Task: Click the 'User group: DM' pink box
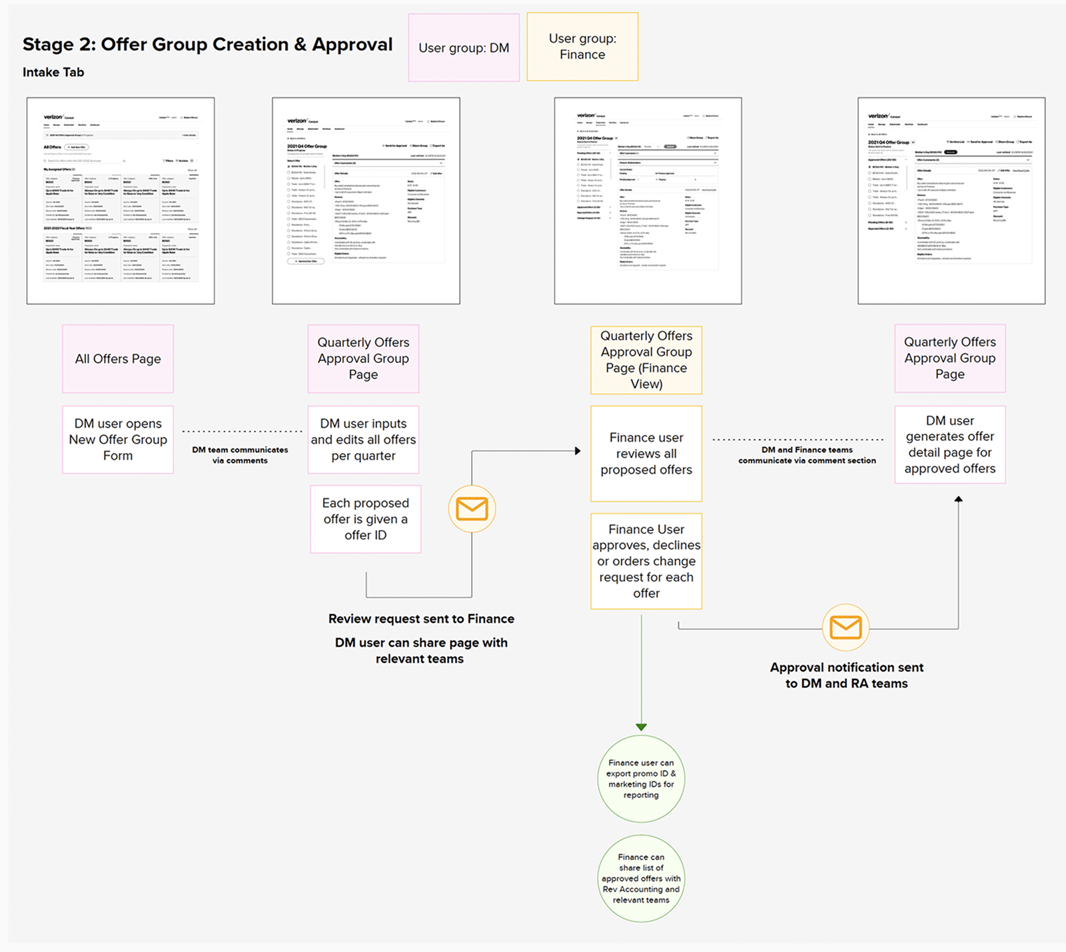coord(464,48)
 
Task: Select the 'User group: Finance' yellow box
coord(582,47)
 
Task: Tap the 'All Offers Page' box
coord(118,359)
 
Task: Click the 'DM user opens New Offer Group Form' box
coord(118,440)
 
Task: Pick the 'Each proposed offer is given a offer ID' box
coord(366,519)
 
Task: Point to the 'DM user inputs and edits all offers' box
coord(363,440)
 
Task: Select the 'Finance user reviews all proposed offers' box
coord(646,454)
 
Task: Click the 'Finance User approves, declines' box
coord(646,561)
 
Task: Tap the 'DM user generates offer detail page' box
coord(949,444)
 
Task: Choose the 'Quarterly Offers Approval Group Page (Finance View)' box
coord(646,360)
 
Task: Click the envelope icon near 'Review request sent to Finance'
coord(472,509)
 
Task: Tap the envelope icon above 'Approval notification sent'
coord(845,628)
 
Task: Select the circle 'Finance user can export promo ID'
coord(641,779)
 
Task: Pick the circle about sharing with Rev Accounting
coord(641,879)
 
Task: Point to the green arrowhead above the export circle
coord(641,727)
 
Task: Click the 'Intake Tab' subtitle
coord(53,73)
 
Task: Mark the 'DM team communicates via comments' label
coord(240,455)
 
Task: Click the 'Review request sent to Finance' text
coord(421,619)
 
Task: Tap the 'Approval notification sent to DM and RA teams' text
coord(846,676)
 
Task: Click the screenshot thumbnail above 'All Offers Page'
coord(121,201)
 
